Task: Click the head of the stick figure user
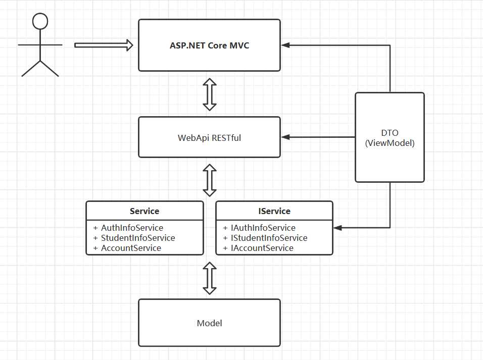click(40, 21)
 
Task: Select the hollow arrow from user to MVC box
click(104, 45)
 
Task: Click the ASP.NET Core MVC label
click(209, 45)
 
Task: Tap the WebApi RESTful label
click(209, 137)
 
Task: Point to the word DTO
click(390, 133)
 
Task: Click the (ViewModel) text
click(390, 143)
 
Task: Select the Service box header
click(144, 211)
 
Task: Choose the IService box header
click(274, 211)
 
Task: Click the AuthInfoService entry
click(132, 228)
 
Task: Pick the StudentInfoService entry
click(138, 238)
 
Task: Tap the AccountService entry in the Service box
click(131, 248)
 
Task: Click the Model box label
click(209, 323)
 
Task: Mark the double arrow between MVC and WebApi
click(210, 94)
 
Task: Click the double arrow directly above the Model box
click(210, 278)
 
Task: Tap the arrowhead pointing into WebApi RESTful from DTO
click(285, 137)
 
